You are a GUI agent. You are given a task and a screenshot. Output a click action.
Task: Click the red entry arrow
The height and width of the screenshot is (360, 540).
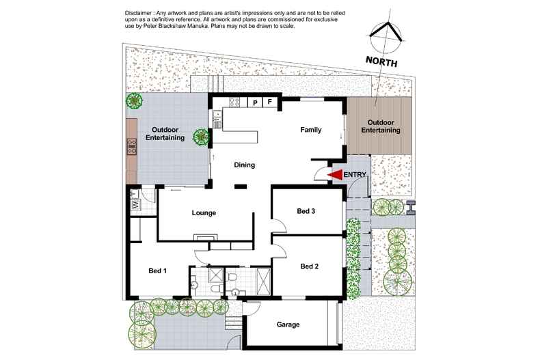tap(335, 175)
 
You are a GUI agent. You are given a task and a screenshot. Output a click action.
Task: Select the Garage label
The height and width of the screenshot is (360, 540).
tap(288, 324)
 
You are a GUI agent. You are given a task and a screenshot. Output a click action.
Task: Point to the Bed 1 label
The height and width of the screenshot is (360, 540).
tap(158, 271)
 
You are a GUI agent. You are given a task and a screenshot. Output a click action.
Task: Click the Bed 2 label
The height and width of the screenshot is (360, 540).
tap(309, 266)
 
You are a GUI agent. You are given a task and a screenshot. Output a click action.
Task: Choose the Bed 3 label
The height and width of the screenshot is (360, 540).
tap(305, 211)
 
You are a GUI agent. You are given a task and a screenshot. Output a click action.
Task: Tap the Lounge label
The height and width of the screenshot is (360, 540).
tap(204, 213)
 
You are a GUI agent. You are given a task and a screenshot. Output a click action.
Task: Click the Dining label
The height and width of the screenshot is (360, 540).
tap(245, 165)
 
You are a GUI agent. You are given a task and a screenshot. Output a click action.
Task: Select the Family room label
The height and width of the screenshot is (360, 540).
tap(310, 130)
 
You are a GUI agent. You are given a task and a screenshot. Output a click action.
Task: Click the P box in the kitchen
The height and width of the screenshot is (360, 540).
tap(255, 102)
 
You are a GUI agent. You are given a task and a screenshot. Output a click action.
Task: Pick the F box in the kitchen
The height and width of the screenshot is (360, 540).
tap(270, 102)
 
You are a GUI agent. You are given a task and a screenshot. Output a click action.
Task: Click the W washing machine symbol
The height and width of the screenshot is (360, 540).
tap(135, 204)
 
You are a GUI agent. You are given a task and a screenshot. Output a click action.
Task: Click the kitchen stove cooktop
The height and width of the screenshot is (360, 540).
tap(234, 103)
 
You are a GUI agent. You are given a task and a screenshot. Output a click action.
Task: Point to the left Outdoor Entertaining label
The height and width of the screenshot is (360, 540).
tap(168, 134)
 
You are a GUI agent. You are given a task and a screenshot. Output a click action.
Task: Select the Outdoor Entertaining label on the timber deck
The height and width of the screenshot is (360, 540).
tap(381, 126)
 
